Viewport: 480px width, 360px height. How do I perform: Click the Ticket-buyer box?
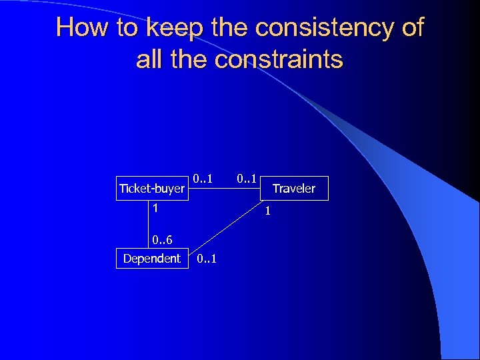point(151,189)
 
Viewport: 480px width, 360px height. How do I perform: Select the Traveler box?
point(293,189)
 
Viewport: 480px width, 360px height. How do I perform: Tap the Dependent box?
point(151,259)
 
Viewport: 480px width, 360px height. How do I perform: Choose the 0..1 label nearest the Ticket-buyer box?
point(203,179)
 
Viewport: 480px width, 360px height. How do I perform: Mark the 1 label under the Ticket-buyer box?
point(155,208)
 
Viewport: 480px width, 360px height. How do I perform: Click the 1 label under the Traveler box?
point(267,213)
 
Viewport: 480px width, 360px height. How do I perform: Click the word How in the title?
point(77,27)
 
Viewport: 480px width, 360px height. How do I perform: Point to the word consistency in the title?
point(320,27)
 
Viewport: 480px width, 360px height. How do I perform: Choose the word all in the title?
point(150,59)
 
